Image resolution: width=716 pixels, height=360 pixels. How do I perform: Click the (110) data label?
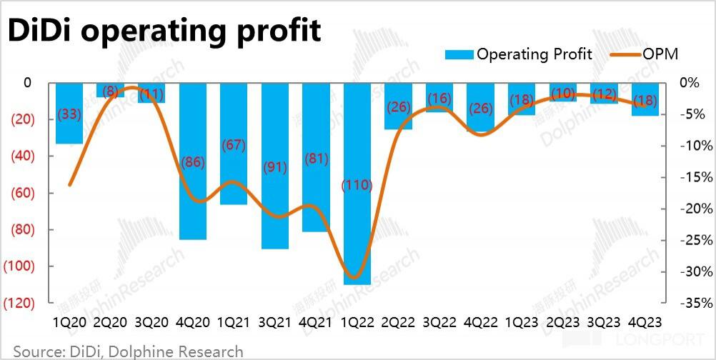pos(357,185)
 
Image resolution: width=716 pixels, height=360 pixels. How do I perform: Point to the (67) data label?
pos(234,145)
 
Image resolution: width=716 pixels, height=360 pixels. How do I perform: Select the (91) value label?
pos(275,168)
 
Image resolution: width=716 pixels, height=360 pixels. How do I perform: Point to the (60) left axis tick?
pos(23,193)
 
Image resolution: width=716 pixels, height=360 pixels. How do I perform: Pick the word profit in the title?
pos(279,31)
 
